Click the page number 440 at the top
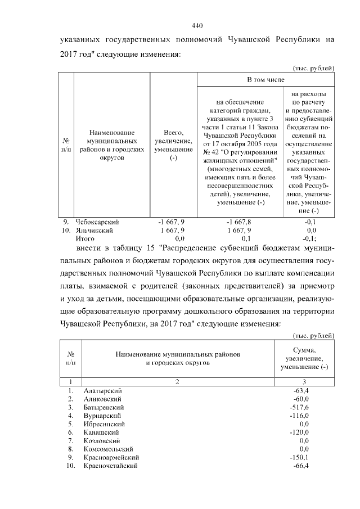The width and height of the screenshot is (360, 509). pyautogui.click(x=197, y=25)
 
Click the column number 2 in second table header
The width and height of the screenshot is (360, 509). pyautogui.click(x=177, y=382)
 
